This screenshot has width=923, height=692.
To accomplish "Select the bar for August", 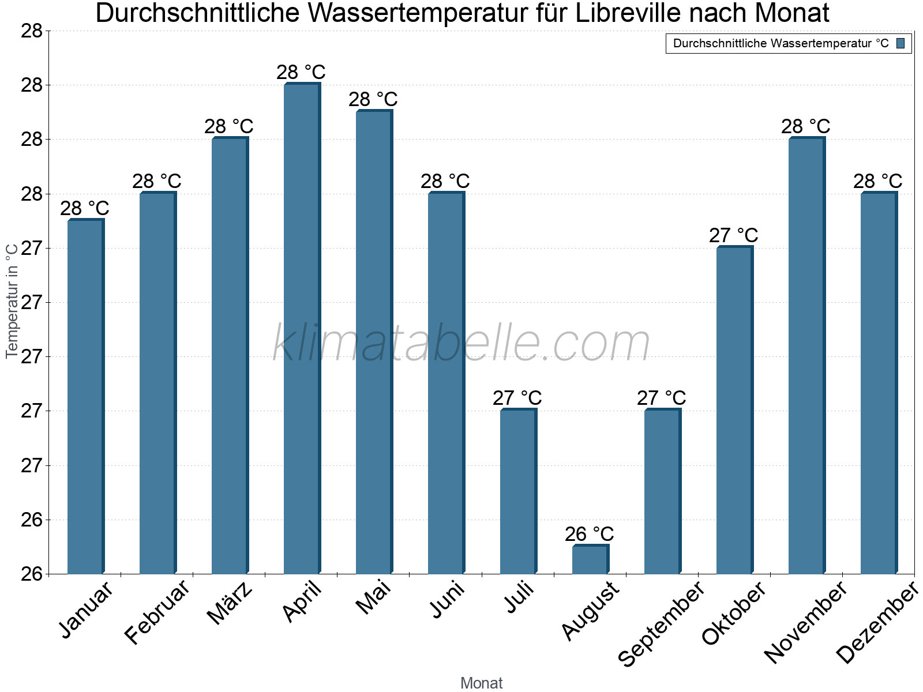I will pos(590,559).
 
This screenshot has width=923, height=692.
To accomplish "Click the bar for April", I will pos(302,329).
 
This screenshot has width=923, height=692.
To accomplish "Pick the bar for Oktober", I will pos(734,410).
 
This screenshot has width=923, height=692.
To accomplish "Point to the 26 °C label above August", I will pos(590,534).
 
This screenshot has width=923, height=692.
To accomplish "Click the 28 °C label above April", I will pos(301,73).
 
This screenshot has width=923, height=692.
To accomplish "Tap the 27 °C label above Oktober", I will pos(734,235).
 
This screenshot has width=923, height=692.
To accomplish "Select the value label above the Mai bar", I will pos(373,99).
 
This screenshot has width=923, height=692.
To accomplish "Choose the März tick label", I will pos(230,603).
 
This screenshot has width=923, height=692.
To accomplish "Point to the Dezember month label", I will pos(877,623).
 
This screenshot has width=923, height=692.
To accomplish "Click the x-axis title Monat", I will pos(482,683).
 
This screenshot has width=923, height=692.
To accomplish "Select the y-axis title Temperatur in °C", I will pos(12,300).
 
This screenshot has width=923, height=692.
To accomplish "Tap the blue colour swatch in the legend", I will pos(901,43).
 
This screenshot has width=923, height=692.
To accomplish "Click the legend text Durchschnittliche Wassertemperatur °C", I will pos(781,43).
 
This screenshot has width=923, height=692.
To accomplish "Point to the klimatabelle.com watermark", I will pos(461,343).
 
